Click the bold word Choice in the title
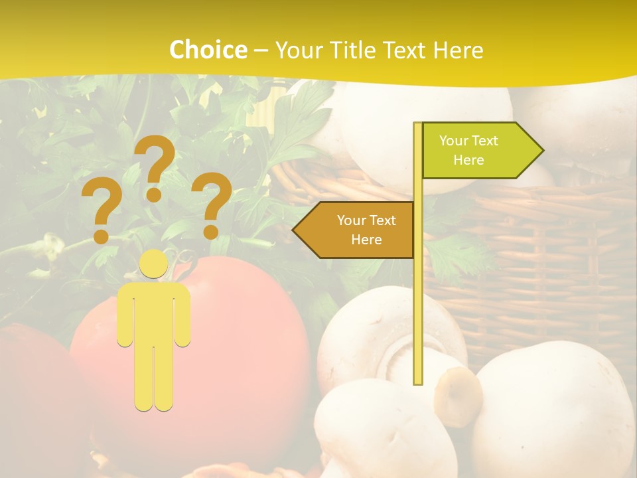pyautogui.click(x=208, y=50)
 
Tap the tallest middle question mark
pyautogui.click(x=155, y=166)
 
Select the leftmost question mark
pyautogui.click(x=101, y=209)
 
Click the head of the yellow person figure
pyautogui.click(x=154, y=264)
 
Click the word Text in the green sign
pyautogui.click(x=484, y=141)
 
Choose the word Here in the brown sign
pyautogui.click(x=366, y=240)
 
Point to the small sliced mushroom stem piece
pyautogui.click(x=459, y=396)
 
